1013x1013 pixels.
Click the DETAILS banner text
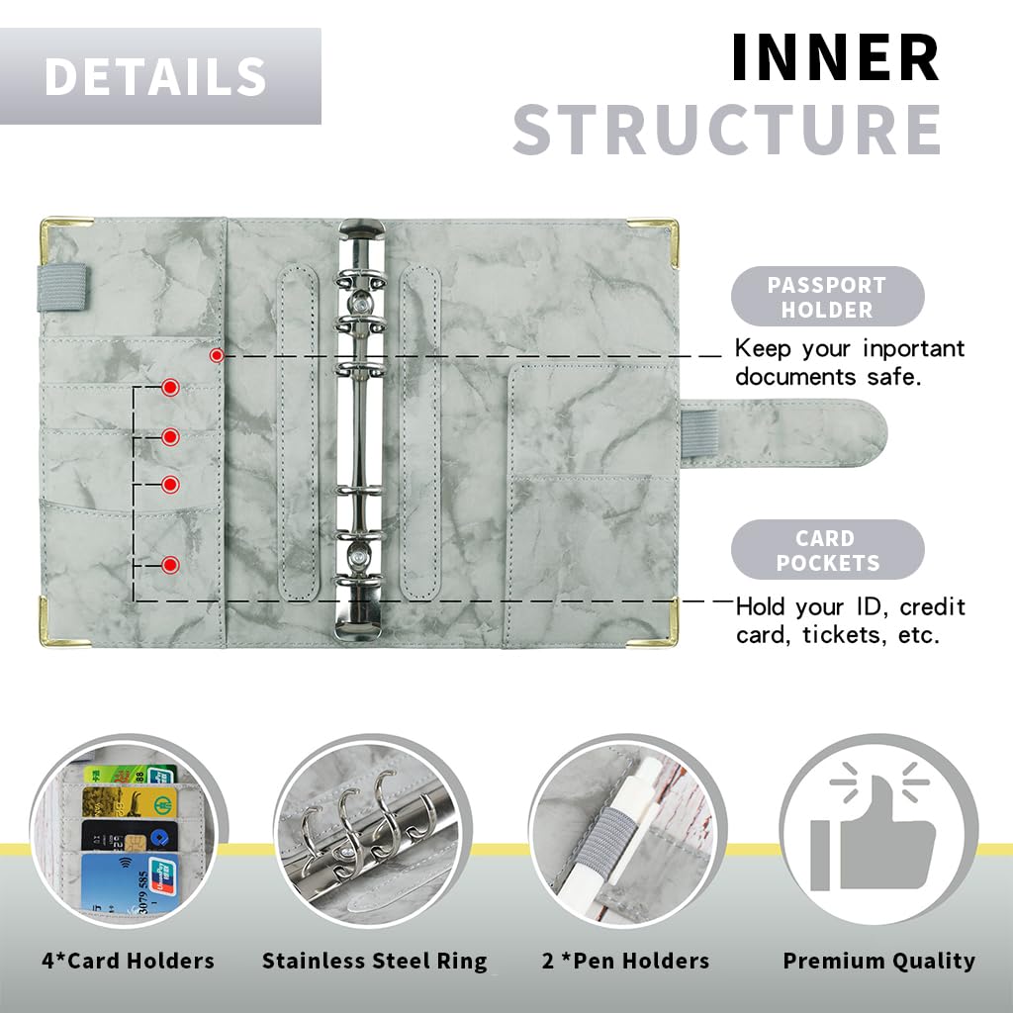[x=155, y=76]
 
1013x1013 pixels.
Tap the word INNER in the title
[x=835, y=57]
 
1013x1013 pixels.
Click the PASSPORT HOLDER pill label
[x=828, y=297]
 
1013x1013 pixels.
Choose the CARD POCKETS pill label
[x=828, y=550]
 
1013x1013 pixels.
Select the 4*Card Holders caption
[x=128, y=961]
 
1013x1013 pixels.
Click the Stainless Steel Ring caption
[x=375, y=962]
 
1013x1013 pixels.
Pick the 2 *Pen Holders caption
[x=625, y=961]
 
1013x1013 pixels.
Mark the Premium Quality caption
[x=879, y=962]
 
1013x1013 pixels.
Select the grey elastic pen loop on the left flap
[x=62, y=287]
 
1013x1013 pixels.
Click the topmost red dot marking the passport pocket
[x=217, y=355]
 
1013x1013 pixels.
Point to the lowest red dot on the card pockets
[x=170, y=565]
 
